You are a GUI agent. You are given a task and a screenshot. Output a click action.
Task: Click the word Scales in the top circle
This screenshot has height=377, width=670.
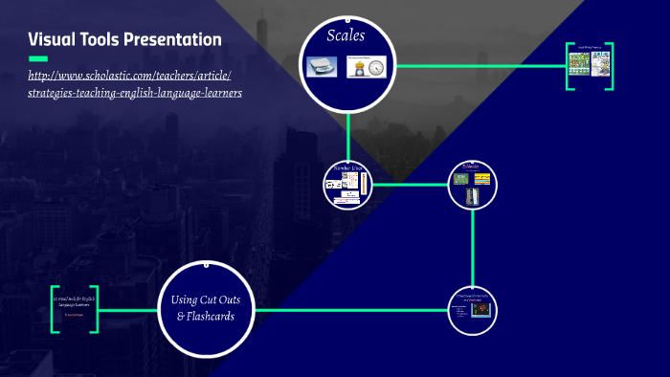point(346,36)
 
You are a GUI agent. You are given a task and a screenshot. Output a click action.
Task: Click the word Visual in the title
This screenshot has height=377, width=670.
point(56,39)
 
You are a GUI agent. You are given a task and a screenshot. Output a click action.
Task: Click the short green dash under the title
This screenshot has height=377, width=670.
point(38,58)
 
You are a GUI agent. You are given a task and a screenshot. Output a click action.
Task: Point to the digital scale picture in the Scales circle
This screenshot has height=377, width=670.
point(320,67)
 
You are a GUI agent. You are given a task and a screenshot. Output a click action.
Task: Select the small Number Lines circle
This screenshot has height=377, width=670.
point(347,185)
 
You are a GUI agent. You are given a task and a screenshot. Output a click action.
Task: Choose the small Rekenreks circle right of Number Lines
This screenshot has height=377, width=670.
point(473,184)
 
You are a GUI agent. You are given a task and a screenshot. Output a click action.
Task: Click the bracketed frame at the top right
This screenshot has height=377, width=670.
point(589,65)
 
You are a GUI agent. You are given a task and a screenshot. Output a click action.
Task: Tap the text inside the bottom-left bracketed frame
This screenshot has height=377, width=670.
point(75,305)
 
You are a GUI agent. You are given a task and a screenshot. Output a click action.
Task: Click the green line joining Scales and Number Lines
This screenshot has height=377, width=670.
point(348,134)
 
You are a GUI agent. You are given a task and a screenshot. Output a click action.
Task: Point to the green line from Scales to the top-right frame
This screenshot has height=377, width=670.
point(479,66)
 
